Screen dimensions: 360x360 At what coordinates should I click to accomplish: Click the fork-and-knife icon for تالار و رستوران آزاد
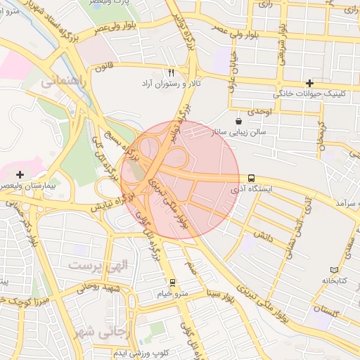[171, 72]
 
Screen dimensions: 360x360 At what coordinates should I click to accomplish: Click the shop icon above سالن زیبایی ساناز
[238, 121]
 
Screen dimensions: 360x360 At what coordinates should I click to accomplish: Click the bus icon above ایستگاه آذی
[252, 179]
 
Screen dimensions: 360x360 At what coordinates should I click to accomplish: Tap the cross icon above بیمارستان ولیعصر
[20, 174]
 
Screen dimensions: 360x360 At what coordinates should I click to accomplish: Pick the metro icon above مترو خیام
[173, 282]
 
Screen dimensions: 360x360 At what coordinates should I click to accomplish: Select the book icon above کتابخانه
[334, 270]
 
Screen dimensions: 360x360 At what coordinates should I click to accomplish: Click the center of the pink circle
[180, 180]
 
